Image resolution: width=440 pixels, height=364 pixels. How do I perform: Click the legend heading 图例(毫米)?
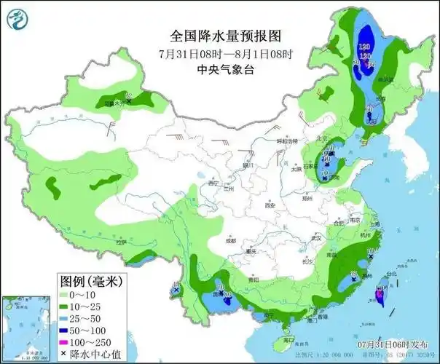(x=89, y=280)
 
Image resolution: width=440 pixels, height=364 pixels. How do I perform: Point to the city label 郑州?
(x=308, y=197)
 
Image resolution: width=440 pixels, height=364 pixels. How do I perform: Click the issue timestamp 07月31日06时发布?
(x=392, y=342)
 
